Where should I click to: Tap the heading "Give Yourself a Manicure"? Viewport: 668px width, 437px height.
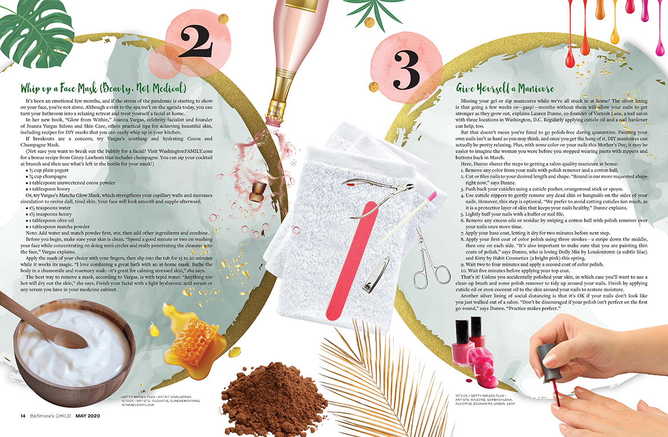505,88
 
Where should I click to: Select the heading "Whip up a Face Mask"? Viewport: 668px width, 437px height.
103,88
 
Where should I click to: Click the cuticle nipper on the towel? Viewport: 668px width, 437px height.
379,197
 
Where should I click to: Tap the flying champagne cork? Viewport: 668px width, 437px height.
257,193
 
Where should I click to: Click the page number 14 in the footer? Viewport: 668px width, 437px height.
23,416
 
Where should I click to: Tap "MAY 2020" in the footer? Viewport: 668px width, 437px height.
88,416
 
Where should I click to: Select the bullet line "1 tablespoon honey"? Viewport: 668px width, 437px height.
48,189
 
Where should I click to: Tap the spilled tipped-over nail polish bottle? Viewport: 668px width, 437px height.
484,367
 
